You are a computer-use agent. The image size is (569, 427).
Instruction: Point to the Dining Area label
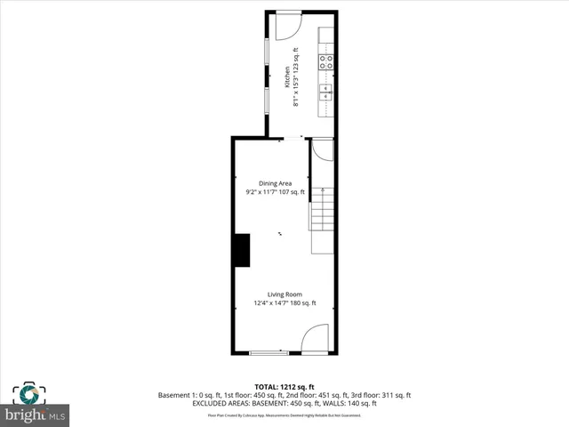[x=275, y=183]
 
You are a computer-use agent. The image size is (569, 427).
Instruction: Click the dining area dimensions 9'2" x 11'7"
[x=275, y=192]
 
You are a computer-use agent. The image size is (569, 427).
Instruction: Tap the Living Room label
[x=285, y=294]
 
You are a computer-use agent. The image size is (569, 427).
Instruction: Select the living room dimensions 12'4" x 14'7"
[x=285, y=303]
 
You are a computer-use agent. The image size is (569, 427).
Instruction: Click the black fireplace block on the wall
[x=241, y=249]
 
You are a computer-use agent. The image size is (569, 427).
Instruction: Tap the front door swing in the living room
[x=316, y=340]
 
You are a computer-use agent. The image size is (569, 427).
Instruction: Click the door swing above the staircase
[x=322, y=150]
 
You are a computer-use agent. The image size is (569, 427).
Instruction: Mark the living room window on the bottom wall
[x=268, y=353]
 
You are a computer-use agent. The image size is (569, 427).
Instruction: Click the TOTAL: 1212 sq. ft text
[x=284, y=386]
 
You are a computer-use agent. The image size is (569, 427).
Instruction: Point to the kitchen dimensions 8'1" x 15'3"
[x=296, y=76]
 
